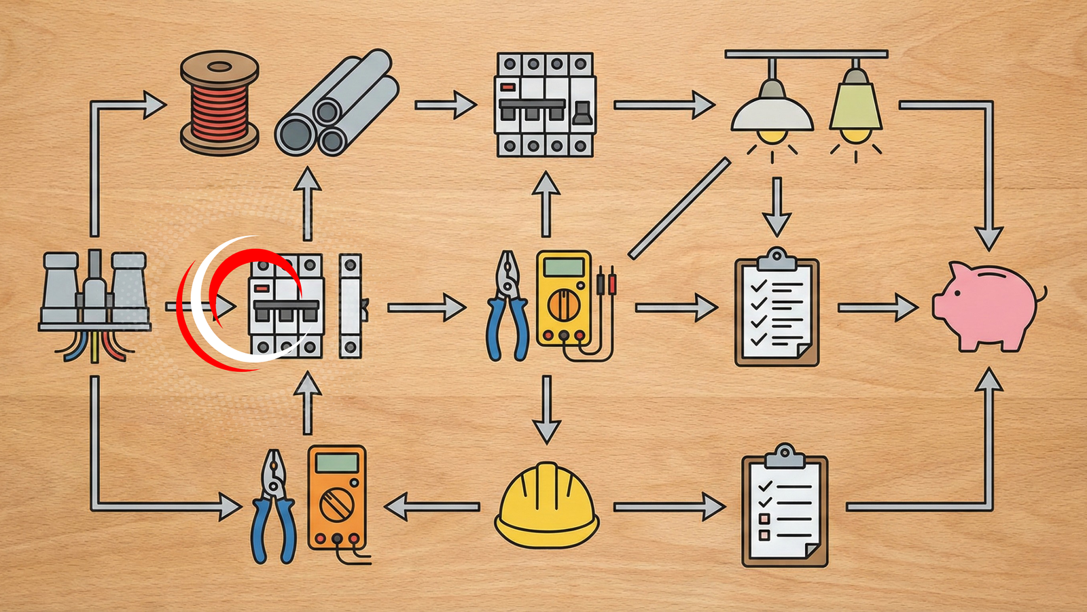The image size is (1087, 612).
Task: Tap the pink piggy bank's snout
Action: [x=941, y=303]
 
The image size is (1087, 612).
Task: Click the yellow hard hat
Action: [x=546, y=507]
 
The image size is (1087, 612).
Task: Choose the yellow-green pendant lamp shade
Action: [x=855, y=105]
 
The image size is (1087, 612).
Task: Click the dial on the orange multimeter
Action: [x=336, y=505]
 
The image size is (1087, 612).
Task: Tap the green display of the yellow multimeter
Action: [x=563, y=267]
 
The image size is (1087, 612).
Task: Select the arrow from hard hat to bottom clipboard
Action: [x=669, y=507]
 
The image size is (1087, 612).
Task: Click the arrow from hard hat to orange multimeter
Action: [x=431, y=507]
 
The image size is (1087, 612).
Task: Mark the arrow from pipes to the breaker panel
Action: [x=446, y=105]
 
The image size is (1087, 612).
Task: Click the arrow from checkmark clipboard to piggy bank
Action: [x=877, y=307]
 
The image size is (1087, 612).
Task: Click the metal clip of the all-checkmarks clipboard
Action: [x=777, y=259]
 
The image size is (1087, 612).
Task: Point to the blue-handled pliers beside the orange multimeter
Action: [x=273, y=507]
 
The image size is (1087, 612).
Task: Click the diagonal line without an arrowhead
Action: [x=679, y=208]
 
